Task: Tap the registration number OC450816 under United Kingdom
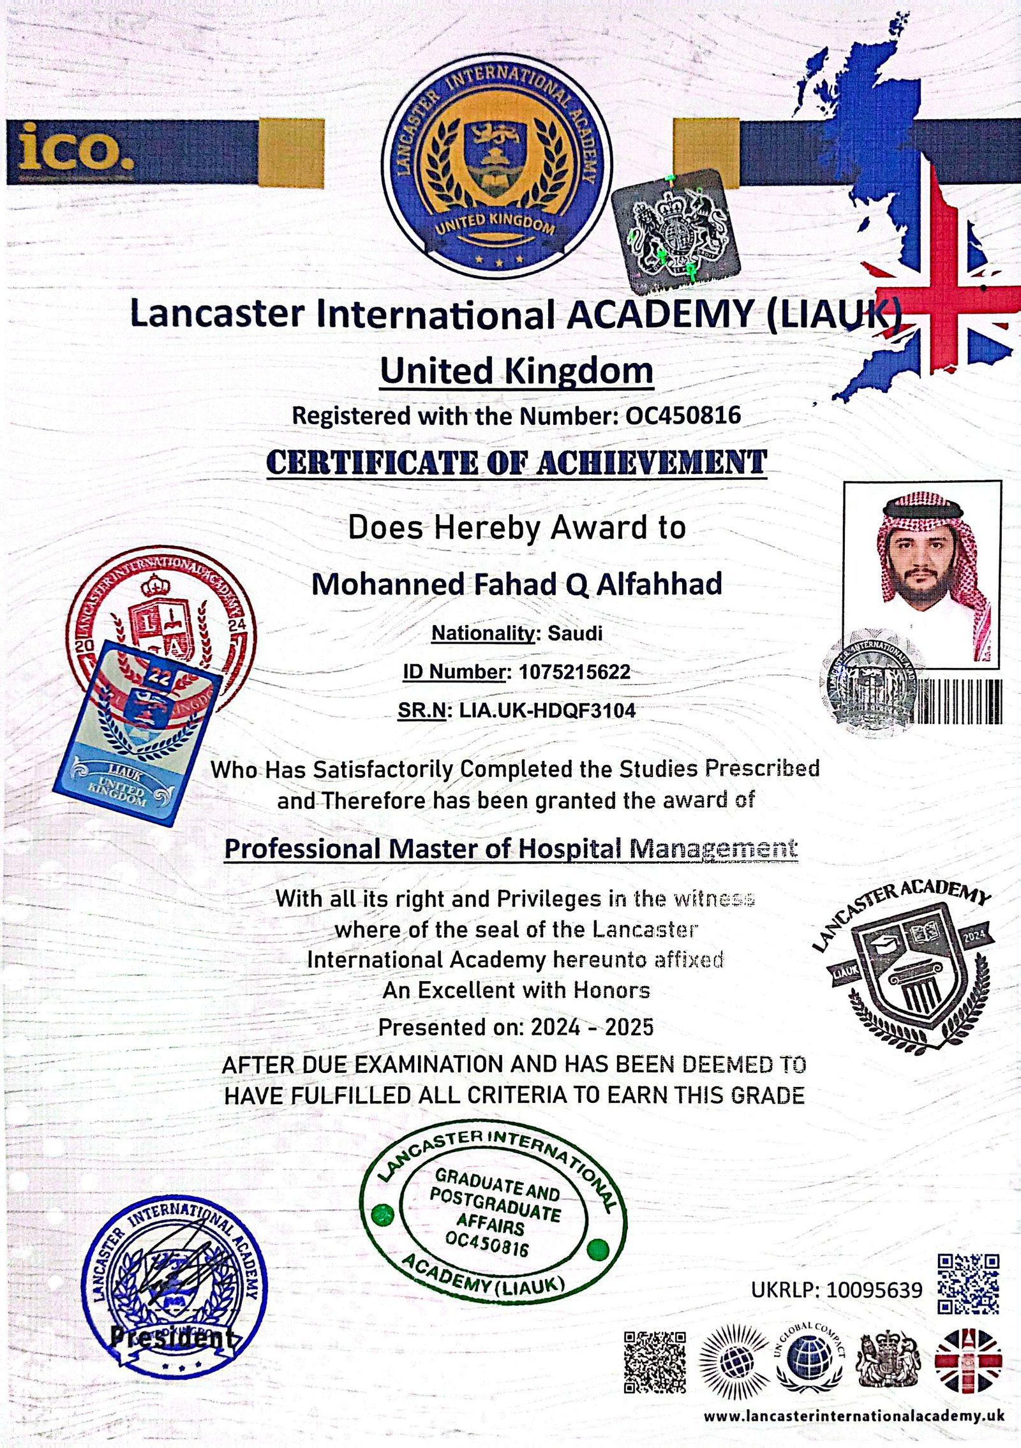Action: click(683, 416)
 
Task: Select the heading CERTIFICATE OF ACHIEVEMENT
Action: click(516, 462)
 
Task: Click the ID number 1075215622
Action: click(575, 672)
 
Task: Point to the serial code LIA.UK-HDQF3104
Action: click(548, 710)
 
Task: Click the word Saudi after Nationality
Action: click(575, 633)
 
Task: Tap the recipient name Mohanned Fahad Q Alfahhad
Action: click(516, 584)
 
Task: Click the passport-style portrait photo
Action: click(922, 574)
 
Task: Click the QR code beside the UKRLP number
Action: click(968, 1283)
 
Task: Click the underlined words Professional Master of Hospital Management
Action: click(511, 849)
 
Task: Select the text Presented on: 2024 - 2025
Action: click(516, 1027)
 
